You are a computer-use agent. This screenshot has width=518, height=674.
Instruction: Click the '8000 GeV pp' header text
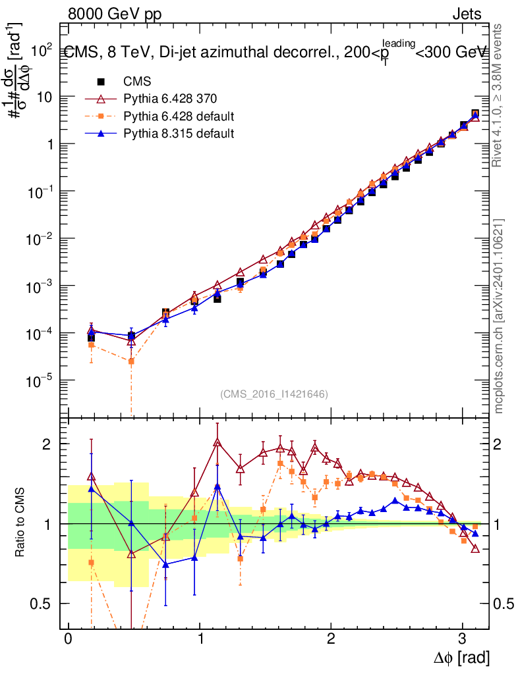(x=115, y=14)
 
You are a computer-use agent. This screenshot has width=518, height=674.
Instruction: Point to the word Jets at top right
(x=467, y=14)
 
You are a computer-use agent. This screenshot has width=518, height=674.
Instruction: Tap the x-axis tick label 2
(x=331, y=640)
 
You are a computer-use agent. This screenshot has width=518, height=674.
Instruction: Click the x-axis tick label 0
(x=68, y=640)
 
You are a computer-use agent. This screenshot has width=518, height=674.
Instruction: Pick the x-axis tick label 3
(x=462, y=640)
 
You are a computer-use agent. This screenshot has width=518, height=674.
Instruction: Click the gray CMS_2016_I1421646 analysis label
(x=274, y=394)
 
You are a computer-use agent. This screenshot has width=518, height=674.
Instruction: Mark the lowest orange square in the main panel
(x=131, y=361)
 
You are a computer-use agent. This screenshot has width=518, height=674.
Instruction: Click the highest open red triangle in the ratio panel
(x=217, y=442)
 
